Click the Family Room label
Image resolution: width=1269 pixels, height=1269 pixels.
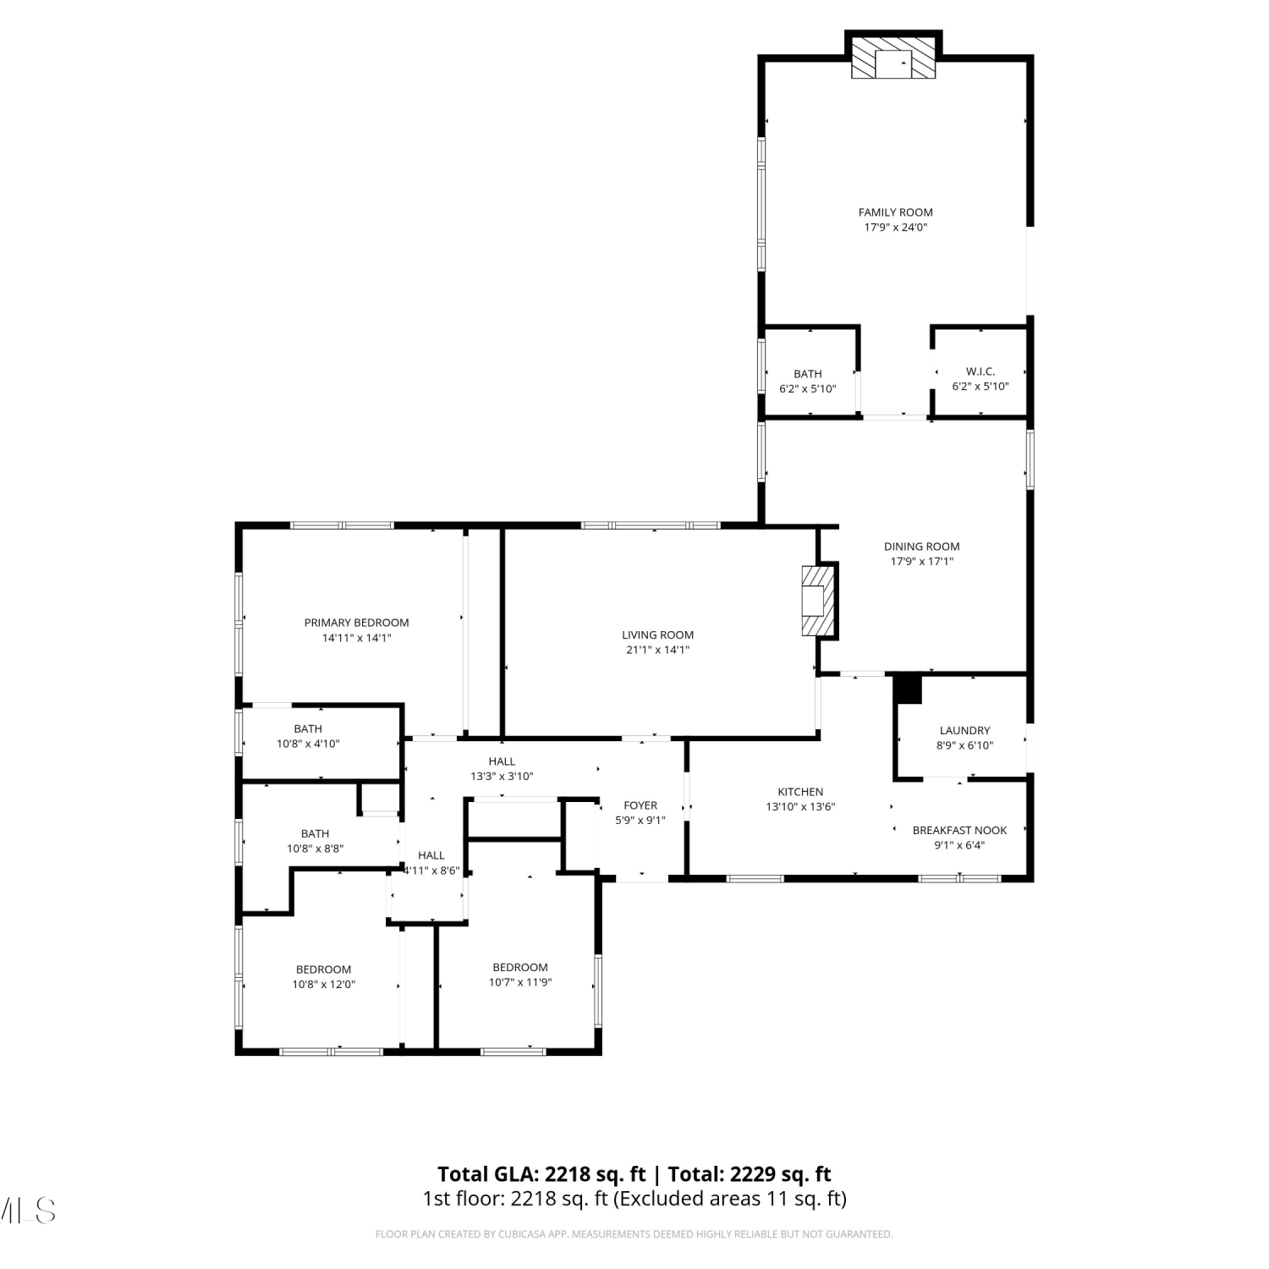(895, 212)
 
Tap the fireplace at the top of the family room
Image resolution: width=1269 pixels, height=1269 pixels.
(893, 58)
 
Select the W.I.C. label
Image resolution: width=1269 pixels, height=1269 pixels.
(981, 371)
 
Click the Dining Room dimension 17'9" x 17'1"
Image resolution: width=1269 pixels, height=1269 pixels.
(921, 561)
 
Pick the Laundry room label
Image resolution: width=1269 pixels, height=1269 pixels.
(964, 730)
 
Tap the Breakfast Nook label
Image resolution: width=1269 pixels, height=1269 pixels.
(959, 830)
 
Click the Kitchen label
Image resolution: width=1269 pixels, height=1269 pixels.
(800, 792)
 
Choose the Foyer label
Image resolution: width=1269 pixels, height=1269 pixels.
(640, 805)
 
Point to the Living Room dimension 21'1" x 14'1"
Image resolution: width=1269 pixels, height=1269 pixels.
(657, 650)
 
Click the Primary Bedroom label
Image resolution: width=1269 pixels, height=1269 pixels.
(356, 623)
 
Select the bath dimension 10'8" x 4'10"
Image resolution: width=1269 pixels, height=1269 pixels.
(308, 744)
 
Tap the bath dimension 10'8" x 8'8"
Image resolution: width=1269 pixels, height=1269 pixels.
(315, 849)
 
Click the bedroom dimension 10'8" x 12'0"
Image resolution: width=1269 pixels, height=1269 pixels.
(323, 984)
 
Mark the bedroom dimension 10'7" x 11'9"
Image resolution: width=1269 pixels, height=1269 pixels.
(520, 982)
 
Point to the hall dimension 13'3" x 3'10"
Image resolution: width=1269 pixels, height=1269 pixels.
(502, 776)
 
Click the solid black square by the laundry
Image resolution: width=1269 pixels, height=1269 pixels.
(908, 689)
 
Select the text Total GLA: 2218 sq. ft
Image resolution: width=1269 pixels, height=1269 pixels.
(541, 1174)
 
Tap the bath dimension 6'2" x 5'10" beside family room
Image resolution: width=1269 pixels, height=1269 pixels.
(807, 388)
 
